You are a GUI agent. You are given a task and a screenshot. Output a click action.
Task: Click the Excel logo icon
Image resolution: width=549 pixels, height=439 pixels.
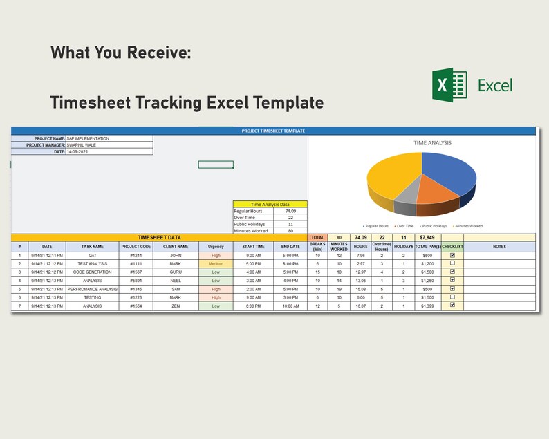449,85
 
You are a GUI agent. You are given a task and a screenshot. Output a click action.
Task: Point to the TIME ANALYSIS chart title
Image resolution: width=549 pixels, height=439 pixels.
432,143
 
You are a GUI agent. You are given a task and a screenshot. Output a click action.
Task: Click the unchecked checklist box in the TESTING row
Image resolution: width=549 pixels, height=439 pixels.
452,297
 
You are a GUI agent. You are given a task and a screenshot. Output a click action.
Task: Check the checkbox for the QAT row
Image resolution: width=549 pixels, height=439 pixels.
452,255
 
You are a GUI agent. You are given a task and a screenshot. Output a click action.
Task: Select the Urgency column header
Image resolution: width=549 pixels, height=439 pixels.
216,246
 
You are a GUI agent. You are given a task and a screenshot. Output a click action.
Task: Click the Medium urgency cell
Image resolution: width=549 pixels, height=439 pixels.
216,264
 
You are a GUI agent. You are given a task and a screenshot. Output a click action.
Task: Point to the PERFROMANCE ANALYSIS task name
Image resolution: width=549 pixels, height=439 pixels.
92,289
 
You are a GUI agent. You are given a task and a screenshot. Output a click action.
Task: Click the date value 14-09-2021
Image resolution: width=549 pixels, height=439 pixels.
77,151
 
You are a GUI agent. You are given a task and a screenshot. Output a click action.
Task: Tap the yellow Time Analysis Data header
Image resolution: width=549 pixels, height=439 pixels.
270,205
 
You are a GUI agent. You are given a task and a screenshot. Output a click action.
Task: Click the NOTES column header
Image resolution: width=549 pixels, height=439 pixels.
499,246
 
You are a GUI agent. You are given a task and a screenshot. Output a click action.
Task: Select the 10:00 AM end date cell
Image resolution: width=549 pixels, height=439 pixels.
290,306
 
